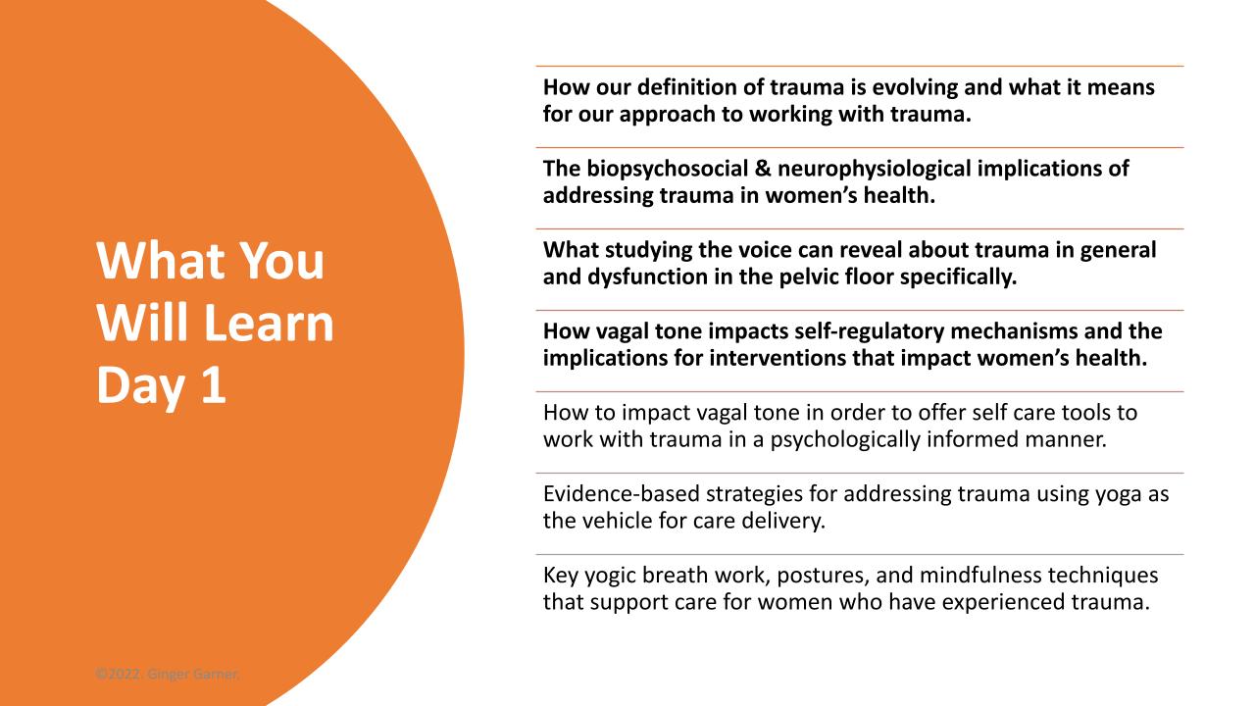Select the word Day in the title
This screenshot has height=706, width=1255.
point(140,386)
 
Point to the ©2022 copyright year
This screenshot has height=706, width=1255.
point(118,674)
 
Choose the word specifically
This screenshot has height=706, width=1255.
point(958,277)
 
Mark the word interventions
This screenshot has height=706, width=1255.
point(778,358)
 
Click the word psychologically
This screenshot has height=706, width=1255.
point(844,440)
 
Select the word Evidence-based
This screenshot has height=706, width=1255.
point(621,494)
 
